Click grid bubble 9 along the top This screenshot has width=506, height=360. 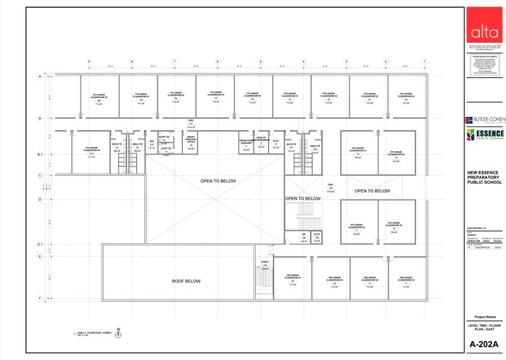click(x=89, y=62)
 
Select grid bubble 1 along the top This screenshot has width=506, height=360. click(x=424, y=62)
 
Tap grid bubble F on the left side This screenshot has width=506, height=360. click(x=39, y=299)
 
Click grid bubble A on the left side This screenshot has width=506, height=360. click(x=39, y=77)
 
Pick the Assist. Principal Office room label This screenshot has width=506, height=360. click(x=191, y=141)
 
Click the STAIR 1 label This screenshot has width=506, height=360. click(x=265, y=263)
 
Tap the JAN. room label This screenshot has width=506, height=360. click(x=152, y=142)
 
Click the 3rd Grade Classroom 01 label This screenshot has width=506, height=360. click(x=292, y=279)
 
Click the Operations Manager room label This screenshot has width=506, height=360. click(x=247, y=143)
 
